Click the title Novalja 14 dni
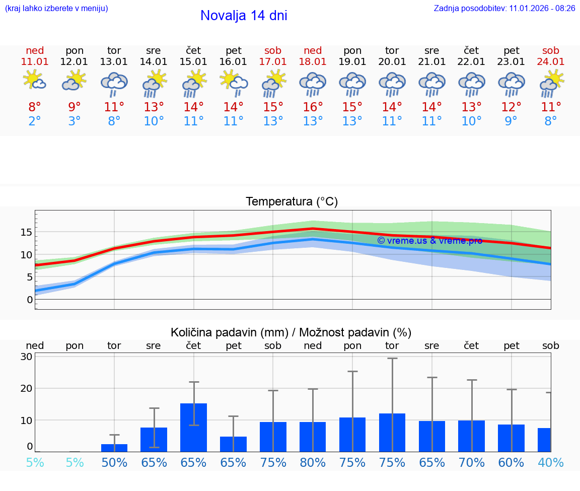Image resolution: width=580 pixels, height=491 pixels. (x=244, y=16)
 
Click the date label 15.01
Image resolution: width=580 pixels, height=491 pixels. (x=193, y=61)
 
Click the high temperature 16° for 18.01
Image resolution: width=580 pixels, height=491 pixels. (x=313, y=107)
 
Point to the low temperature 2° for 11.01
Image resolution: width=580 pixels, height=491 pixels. (x=35, y=121)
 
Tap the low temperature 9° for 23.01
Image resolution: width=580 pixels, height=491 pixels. (x=511, y=121)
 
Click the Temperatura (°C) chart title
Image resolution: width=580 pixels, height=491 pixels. (x=292, y=201)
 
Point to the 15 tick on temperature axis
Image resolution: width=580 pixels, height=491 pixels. (x=26, y=232)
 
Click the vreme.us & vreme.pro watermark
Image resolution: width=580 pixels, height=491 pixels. (x=429, y=240)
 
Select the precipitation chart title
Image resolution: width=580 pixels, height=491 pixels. (x=291, y=332)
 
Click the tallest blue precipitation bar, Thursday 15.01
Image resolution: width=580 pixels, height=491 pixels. (x=193, y=427)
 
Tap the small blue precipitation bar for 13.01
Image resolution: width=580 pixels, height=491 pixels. (x=114, y=448)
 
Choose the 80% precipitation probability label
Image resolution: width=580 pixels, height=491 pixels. (x=313, y=462)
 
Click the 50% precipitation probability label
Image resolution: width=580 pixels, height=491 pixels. (x=114, y=462)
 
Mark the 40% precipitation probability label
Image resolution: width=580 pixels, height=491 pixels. (x=551, y=462)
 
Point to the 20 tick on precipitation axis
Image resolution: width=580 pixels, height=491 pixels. (x=26, y=388)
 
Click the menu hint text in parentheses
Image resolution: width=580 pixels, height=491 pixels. (x=56, y=8)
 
